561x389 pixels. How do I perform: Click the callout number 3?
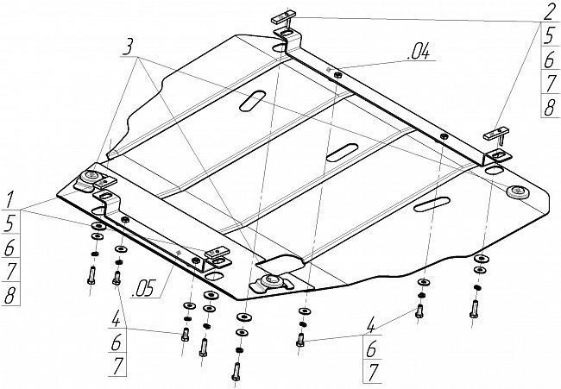(128, 47)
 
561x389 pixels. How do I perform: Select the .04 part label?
(418, 52)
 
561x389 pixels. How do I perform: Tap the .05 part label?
(144, 289)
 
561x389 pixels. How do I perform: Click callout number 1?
(9, 199)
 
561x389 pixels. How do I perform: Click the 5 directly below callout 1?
(9, 223)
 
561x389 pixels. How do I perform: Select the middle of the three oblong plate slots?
(343, 153)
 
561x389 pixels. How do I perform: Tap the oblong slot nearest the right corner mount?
(432, 204)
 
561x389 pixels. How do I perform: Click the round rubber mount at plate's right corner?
(518, 192)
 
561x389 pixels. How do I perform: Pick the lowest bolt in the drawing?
(236, 372)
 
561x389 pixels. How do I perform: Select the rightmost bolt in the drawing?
(475, 309)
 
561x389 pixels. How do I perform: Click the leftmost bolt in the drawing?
(91, 275)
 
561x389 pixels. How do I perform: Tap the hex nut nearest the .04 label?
(337, 75)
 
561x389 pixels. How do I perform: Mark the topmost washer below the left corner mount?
(98, 226)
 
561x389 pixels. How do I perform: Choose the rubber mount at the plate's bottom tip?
(272, 281)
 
